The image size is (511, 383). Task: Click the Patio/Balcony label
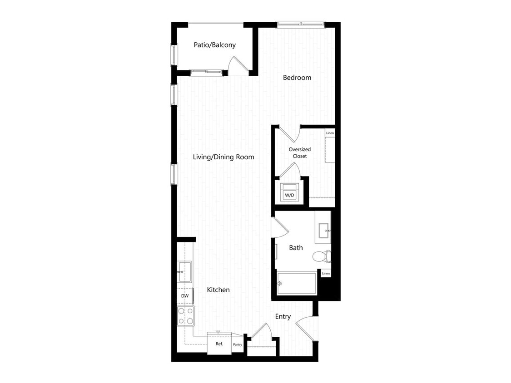click(214, 45)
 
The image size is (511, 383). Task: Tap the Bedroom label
click(297, 78)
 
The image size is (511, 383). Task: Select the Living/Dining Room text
click(223, 157)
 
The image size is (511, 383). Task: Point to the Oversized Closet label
click(299, 153)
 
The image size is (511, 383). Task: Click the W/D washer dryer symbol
click(289, 192)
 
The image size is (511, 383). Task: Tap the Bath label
click(296, 248)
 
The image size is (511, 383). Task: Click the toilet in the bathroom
click(322, 256)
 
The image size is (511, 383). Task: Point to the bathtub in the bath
click(297, 283)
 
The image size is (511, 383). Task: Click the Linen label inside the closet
click(330, 133)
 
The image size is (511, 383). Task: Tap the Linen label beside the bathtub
click(326, 274)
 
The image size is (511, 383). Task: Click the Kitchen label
click(218, 290)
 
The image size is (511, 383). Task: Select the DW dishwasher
click(185, 296)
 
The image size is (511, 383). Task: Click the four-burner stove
click(186, 316)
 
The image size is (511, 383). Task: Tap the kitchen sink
click(184, 272)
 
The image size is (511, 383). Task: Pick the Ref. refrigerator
click(219, 343)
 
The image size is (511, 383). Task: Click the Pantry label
click(238, 344)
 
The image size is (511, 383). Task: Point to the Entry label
click(283, 317)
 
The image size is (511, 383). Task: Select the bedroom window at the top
click(301, 24)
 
